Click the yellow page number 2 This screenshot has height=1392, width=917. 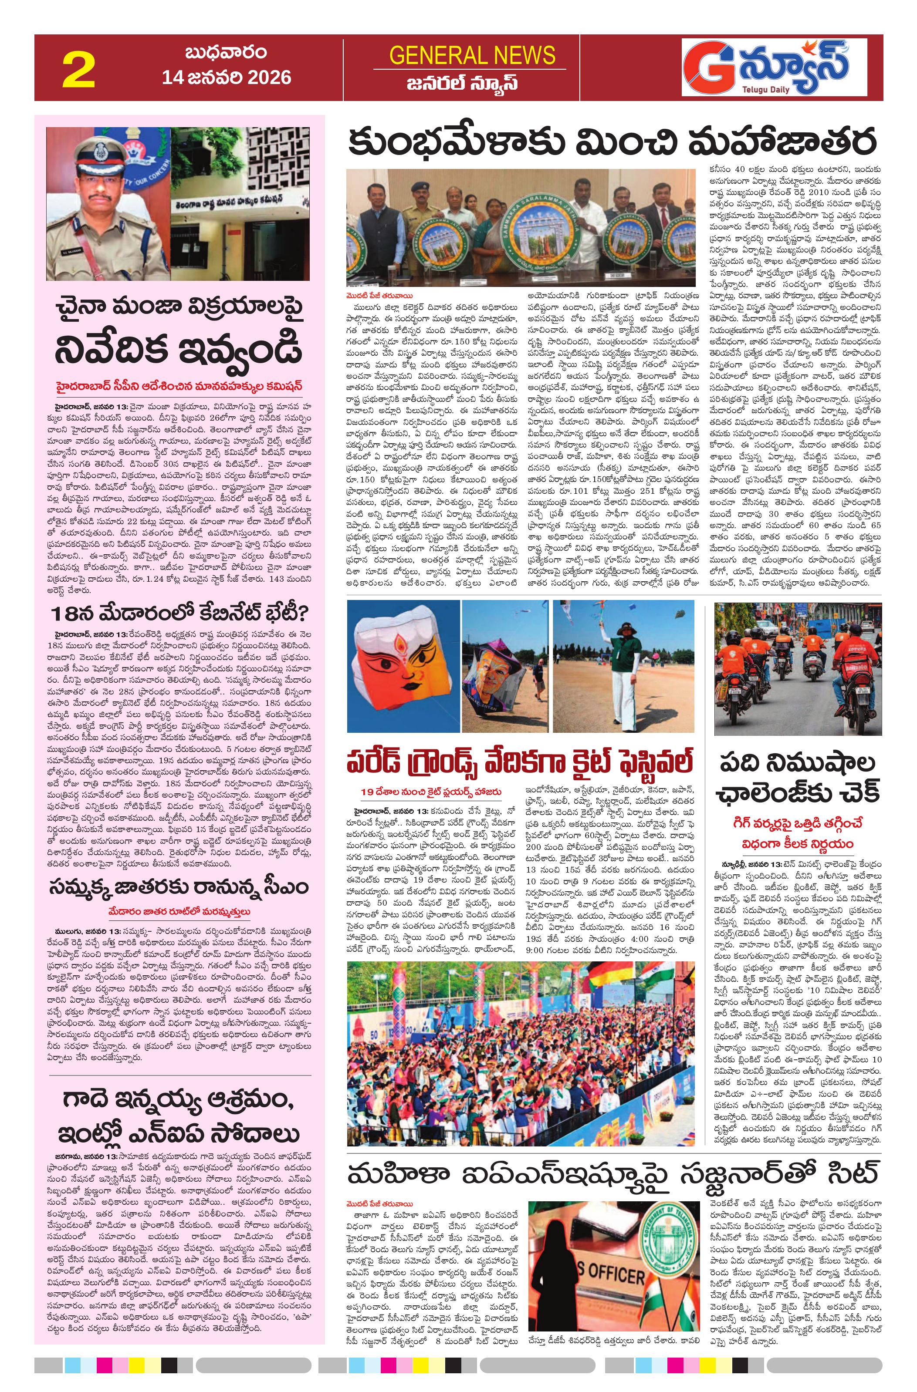[x=78, y=70]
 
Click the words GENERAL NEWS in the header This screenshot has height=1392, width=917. [x=472, y=56]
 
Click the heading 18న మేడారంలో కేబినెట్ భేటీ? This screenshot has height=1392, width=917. [x=179, y=615]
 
